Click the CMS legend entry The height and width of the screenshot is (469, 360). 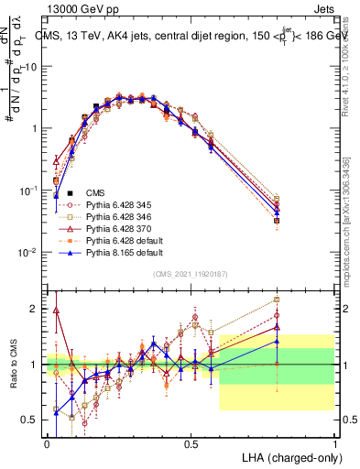click(95, 192)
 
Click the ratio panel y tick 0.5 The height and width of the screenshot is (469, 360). click(33, 420)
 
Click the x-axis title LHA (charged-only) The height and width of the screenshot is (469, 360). click(290, 457)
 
